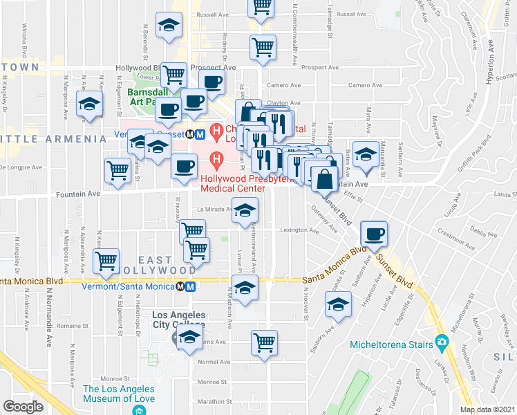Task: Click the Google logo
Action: click(x=23, y=407)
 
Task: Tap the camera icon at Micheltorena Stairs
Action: click(x=441, y=342)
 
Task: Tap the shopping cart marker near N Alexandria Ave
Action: click(x=106, y=261)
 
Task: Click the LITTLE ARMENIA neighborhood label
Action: click(x=53, y=139)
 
